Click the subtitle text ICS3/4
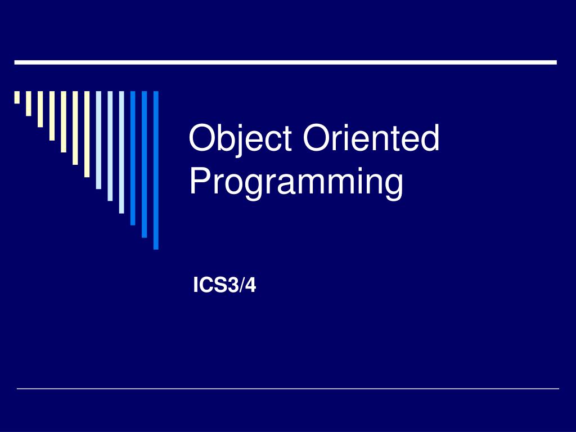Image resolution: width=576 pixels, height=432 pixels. pyautogui.click(x=224, y=286)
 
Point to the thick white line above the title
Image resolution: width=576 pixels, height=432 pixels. pyautogui.click(x=285, y=62)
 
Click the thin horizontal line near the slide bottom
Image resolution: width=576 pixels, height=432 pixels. pyautogui.click(x=288, y=388)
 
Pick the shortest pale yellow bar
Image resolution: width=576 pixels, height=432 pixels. pyautogui.click(x=17, y=98)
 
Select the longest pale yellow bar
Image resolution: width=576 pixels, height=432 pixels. pyautogui.click(x=87, y=134)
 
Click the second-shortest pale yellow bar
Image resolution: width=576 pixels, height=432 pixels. pyautogui.click(x=28, y=103)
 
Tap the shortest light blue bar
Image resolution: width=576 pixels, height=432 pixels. pyautogui.click(x=98, y=139)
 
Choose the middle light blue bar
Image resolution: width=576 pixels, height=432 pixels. pyautogui.click(x=110, y=146)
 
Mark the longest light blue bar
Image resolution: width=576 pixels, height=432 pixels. pyautogui.click(x=121, y=152)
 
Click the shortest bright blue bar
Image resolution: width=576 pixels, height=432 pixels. pyautogui.click(x=133, y=157)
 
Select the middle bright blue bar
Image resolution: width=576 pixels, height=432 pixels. pyautogui.click(x=145, y=164)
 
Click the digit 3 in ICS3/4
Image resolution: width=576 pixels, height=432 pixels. pyautogui.click(x=233, y=286)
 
